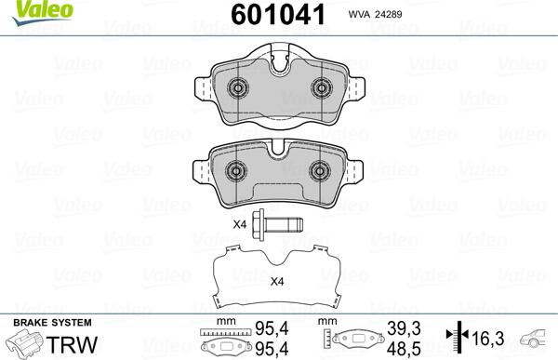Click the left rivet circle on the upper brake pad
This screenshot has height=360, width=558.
coord(236,89)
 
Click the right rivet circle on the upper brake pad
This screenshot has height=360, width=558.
coord(323,89)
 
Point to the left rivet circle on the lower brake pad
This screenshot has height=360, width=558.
coord(236,170)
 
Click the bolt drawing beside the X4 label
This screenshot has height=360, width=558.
coord(280,224)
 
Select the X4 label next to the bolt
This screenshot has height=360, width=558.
coord(239,224)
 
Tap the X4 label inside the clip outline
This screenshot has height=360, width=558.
coord(276,283)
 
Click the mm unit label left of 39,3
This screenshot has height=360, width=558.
coord(326,323)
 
